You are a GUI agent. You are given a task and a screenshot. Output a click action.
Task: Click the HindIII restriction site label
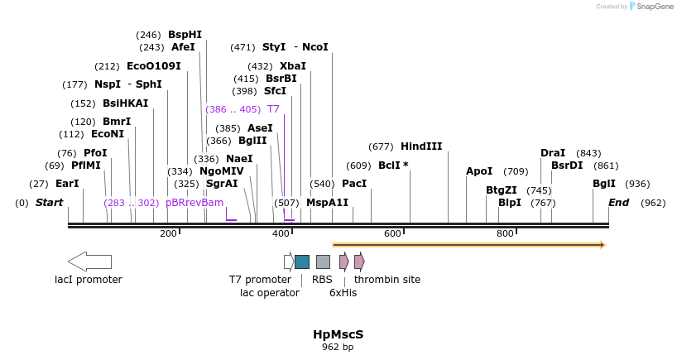[421, 146]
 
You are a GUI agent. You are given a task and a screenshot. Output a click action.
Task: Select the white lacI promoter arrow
[89, 262]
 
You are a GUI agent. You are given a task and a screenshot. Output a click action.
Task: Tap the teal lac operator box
[302, 262]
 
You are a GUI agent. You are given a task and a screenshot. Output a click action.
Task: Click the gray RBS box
[323, 262]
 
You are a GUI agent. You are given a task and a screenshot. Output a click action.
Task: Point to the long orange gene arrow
[468, 245]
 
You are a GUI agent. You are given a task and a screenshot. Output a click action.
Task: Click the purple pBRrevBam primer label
[194, 203]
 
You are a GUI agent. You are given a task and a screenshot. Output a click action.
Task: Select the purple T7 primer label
[273, 109]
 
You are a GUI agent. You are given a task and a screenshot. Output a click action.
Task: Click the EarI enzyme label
[67, 184]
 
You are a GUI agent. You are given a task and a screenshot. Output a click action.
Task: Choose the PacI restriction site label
[354, 184]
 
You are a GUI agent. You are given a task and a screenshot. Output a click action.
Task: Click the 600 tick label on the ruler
[392, 234]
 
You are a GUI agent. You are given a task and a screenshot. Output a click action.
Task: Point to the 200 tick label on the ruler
[168, 234]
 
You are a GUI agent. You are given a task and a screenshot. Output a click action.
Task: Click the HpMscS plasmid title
[338, 334]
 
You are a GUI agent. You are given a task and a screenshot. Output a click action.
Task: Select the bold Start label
[49, 203]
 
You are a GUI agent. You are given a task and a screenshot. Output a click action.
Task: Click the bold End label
[619, 203]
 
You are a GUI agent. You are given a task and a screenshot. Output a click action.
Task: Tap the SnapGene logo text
[655, 7]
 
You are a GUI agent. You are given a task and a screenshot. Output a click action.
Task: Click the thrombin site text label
[387, 280]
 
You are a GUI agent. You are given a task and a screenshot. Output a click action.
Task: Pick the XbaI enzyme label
[293, 66]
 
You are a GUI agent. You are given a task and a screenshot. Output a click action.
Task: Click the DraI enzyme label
[553, 153]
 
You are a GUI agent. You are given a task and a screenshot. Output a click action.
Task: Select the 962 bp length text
[338, 348]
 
